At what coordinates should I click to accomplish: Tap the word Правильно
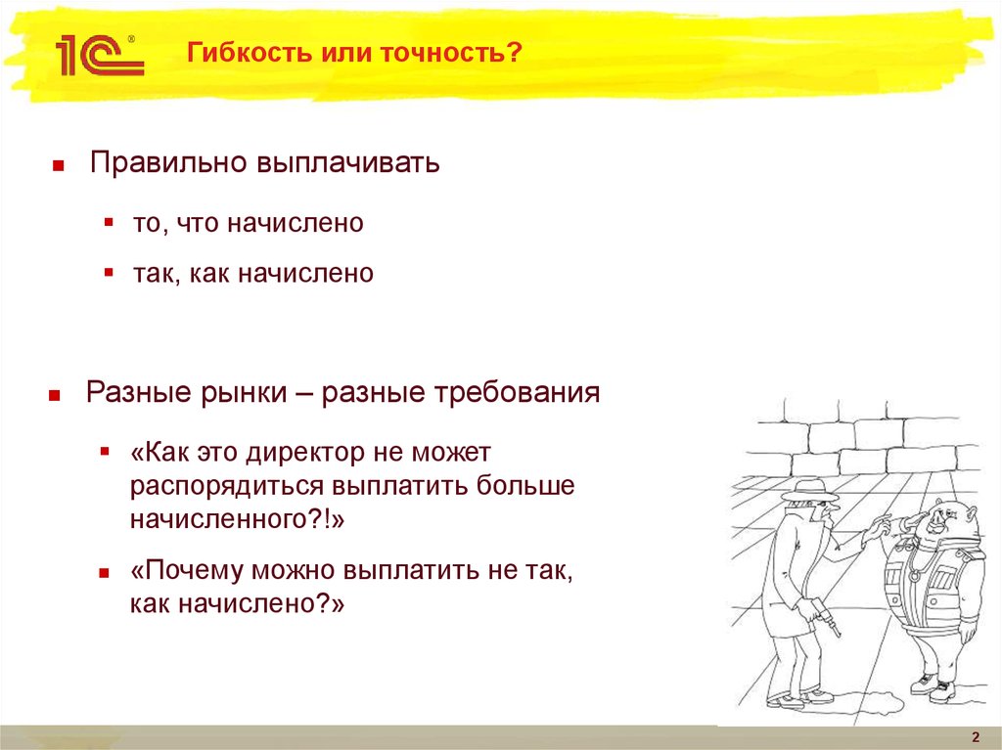(166, 162)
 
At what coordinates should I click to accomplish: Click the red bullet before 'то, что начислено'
(110, 222)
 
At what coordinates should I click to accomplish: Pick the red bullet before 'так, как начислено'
(110, 272)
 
